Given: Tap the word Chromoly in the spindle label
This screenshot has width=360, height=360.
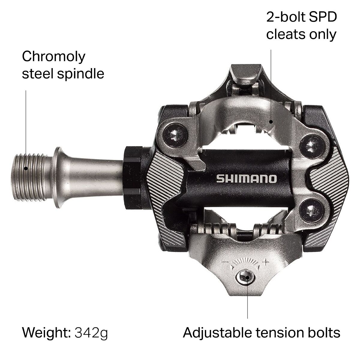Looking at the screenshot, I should tap(54, 56).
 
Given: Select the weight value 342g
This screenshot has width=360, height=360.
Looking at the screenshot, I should tap(89, 332).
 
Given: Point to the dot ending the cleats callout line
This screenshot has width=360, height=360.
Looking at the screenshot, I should tap(271, 121).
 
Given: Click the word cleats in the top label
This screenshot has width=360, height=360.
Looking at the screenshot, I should tap(285, 35).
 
